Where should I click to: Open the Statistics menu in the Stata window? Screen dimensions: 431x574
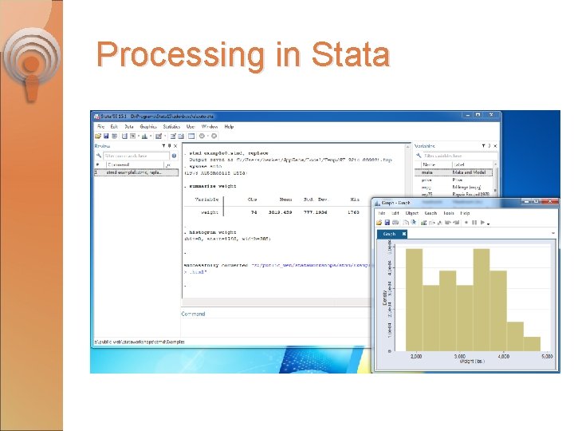coord(172,126)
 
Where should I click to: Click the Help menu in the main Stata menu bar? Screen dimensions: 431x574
coord(229,126)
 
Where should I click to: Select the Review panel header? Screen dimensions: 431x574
coord(103,146)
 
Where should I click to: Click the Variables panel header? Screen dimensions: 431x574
coord(425,146)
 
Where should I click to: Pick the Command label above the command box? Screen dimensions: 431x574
coord(193,314)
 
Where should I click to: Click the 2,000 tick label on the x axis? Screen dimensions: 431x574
coord(415,357)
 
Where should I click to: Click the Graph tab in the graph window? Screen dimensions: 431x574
coord(390,234)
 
